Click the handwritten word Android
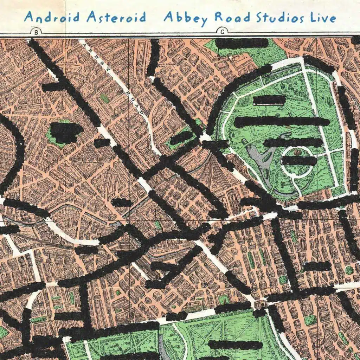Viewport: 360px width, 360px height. click(x=51, y=17)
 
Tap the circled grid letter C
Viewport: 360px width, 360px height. click(x=222, y=32)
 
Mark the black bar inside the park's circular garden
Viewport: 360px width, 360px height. click(x=299, y=161)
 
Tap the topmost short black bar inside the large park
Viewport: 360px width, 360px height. click(x=269, y=100)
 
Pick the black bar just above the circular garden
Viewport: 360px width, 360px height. click(x=293, y=142)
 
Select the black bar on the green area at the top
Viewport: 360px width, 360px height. click(x=242, y=43)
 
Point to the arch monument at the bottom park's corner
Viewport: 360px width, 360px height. click(x=261, y=304)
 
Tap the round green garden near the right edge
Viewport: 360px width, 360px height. click(x=349, y=270)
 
